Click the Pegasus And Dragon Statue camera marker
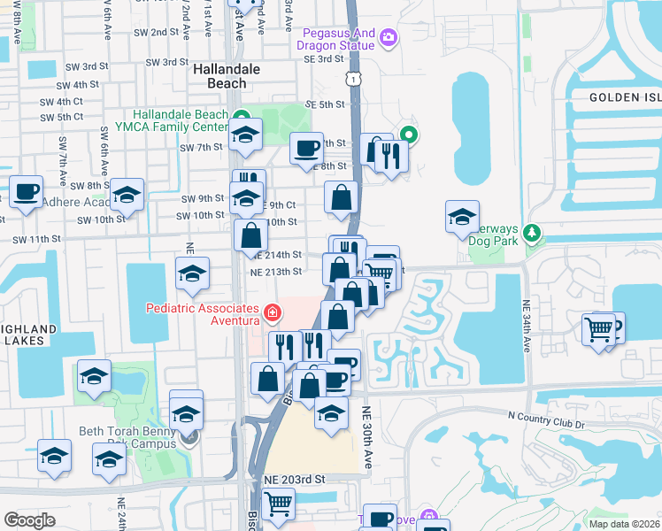388,38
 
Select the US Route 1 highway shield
354,80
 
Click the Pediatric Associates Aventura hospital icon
272,312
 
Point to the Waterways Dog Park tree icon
531,235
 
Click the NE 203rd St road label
295,479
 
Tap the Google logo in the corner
29,520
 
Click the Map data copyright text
624,524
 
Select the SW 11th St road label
36,239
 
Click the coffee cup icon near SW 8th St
26,189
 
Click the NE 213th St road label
276,272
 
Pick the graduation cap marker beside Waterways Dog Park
461,216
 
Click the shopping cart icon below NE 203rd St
278,503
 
